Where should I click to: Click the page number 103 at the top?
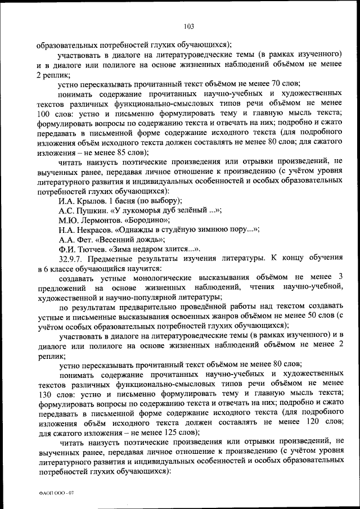pos(188,25)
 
